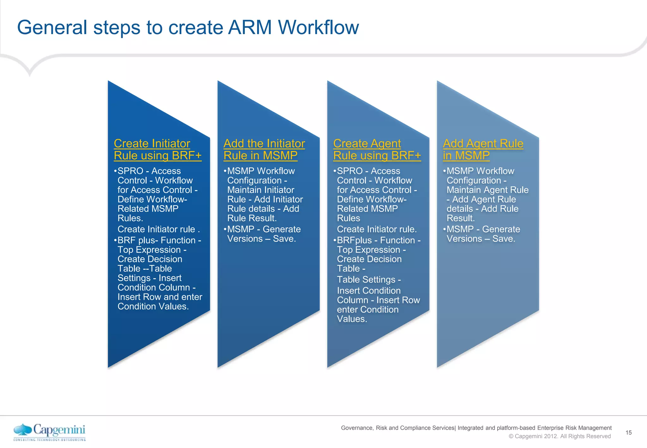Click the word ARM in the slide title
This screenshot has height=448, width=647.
point(250,27)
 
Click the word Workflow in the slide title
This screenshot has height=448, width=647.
point(318,27)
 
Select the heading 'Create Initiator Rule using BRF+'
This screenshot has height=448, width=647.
point(157,149)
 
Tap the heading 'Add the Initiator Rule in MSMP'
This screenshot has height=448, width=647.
point(264,149)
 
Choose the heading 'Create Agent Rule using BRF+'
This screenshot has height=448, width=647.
point(377,149)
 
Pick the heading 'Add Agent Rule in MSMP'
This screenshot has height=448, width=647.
point(483,149)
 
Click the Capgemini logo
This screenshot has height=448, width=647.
point(50,432)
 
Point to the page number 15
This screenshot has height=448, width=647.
point(628,433)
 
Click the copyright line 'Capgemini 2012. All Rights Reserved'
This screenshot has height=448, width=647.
point(562,436)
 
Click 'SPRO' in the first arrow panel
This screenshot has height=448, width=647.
point(130,171)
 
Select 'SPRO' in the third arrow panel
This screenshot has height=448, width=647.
point(350,171)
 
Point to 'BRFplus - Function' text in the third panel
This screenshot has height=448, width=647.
point(376,240)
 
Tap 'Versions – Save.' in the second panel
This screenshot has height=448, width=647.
point(262,239)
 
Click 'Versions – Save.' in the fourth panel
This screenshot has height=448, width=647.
point(481,239)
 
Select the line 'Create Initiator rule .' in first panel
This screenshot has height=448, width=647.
point(159,229)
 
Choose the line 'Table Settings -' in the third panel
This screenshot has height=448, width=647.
point(369,280)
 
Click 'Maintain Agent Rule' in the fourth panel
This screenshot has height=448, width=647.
point(487,190)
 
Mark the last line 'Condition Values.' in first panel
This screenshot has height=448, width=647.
point(153,306)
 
